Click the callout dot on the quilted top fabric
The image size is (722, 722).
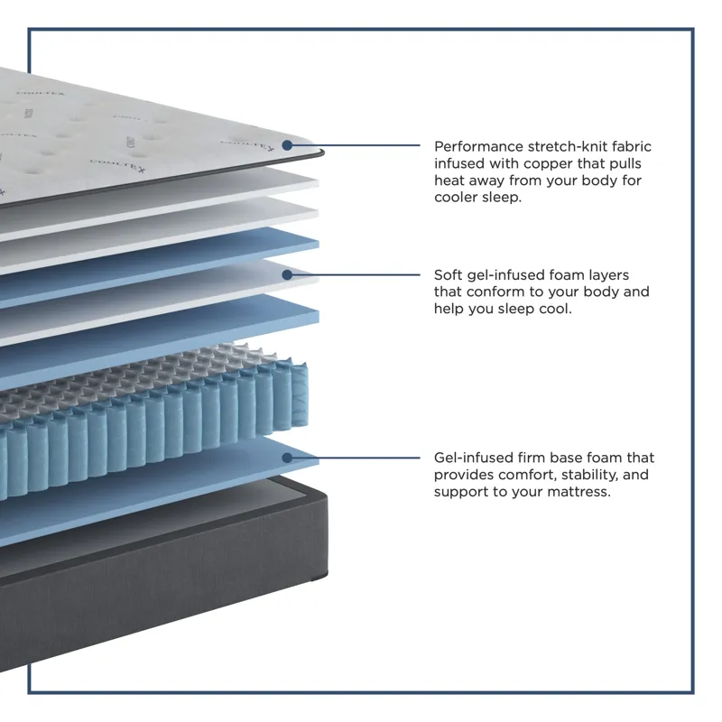coord(287,144)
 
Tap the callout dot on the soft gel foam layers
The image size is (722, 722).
coord(287,274)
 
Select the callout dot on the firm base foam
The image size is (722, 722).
coord(287,458)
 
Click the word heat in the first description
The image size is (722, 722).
coord(450,180)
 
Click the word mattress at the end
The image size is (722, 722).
coord(579,492)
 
